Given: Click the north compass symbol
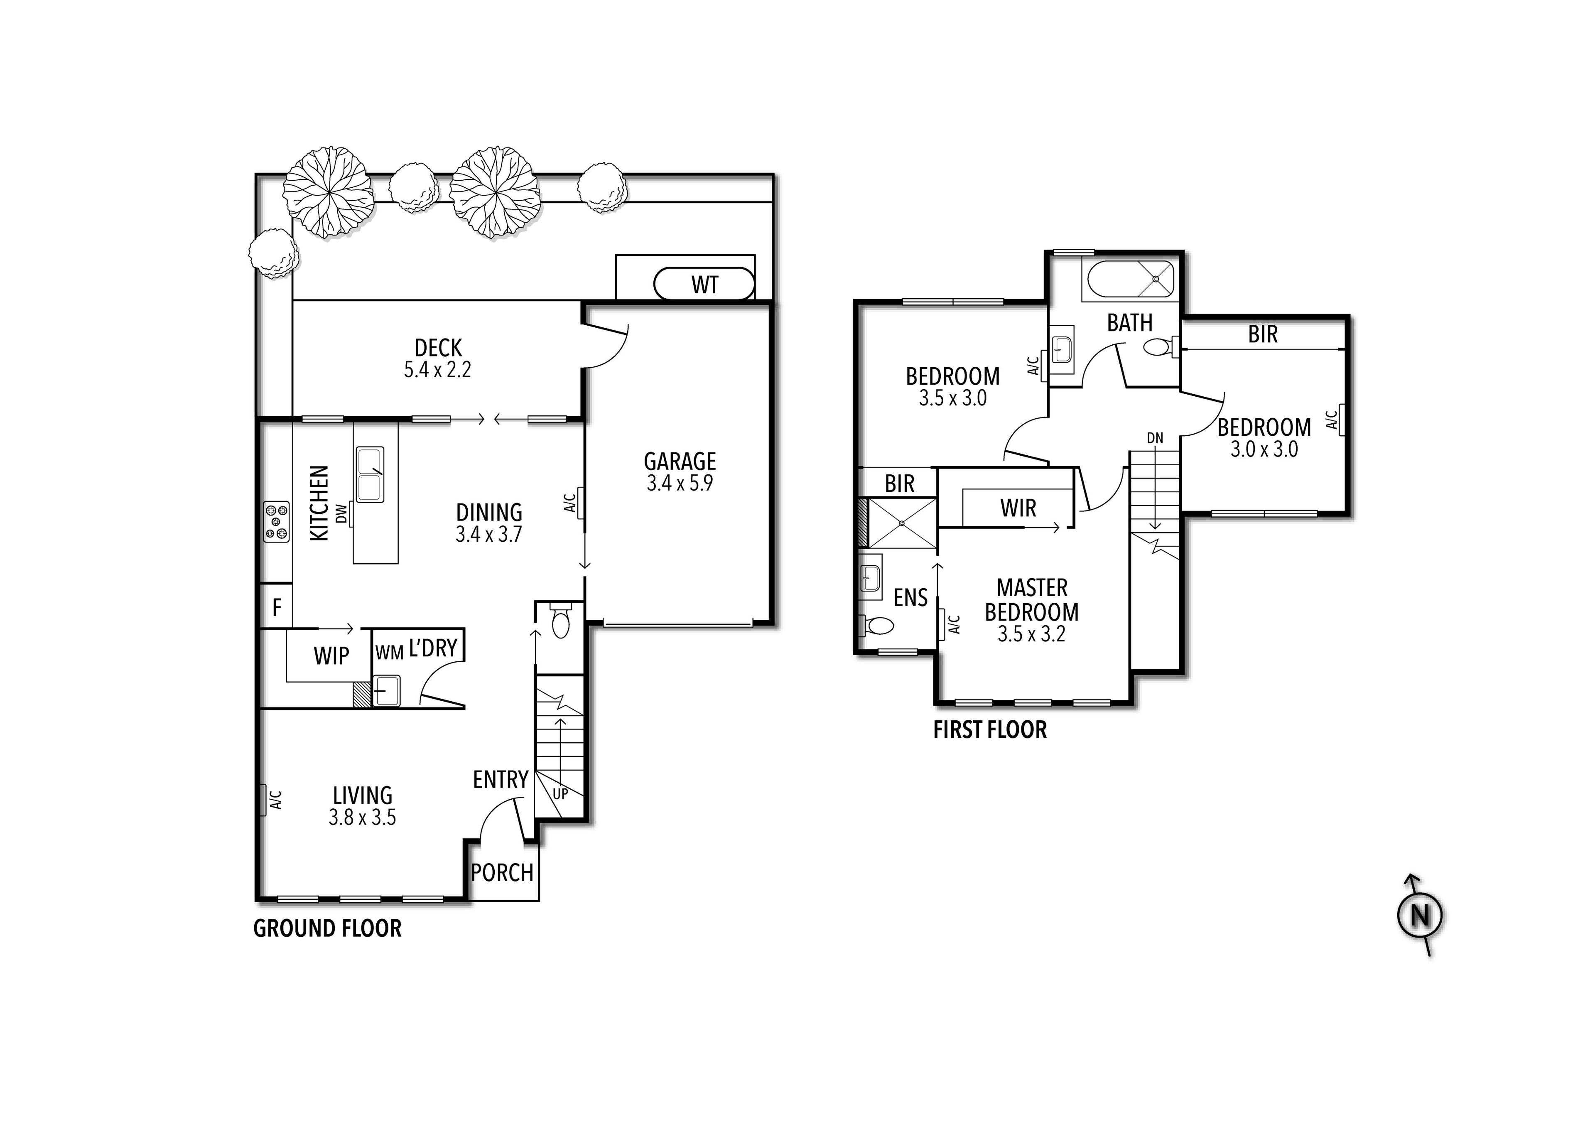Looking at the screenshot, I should [x=1419, y=916].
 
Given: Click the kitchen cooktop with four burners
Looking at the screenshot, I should [x=276, y=521].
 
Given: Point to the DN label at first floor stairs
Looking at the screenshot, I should [x=1155, y=438].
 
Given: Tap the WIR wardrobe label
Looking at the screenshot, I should [x=1018, y=508].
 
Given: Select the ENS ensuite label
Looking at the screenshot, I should [x=910, y=597].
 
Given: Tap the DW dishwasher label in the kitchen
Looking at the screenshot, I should [x=341, y=514].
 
